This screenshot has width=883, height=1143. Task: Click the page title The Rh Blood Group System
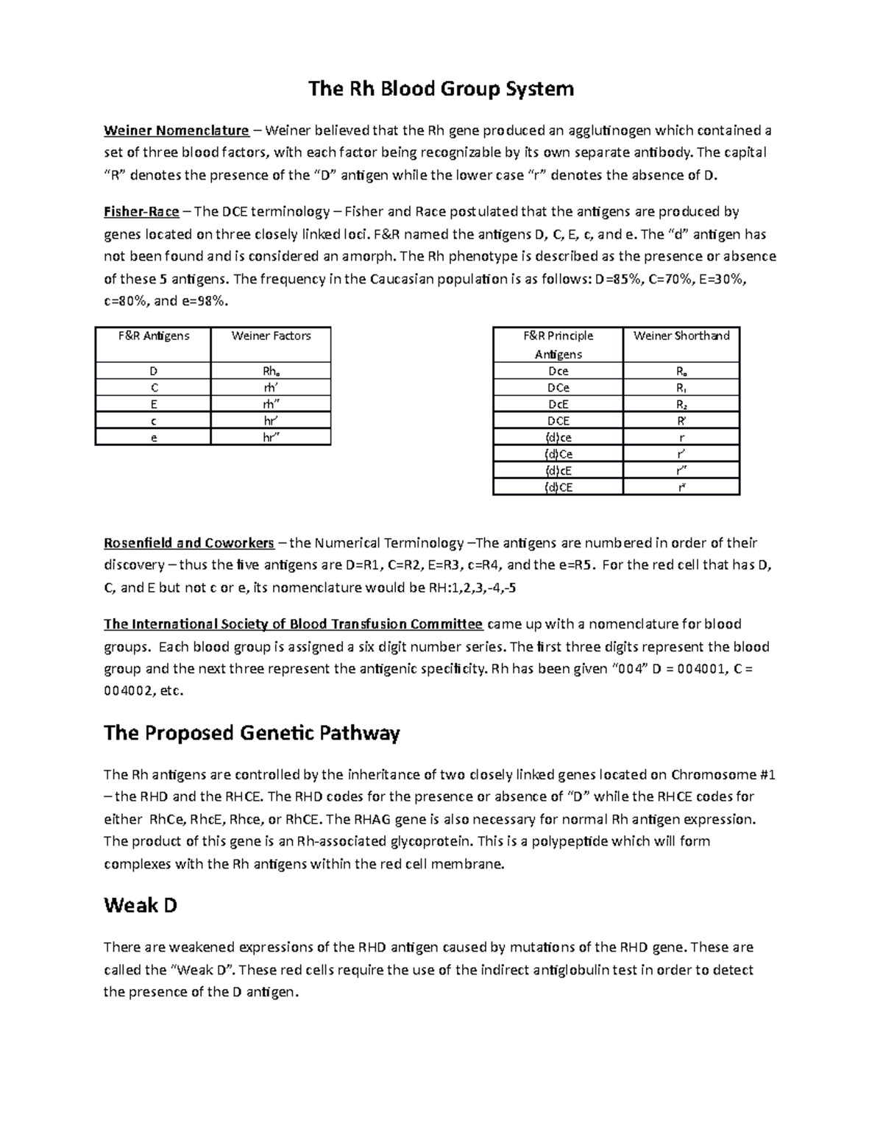[441, 90]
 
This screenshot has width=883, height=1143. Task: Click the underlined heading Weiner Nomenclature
[176, 131]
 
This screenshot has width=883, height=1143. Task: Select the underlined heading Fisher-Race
[141, 212]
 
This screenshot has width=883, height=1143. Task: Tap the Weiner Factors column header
[271, 336]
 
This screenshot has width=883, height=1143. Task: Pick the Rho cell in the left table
[271, 371]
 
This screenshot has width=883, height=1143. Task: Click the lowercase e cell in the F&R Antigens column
[153, 437]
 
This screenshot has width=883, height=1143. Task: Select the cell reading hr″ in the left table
[271, 437]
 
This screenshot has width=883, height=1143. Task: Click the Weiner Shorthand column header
[681, 336]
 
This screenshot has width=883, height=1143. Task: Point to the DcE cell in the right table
[558, 404]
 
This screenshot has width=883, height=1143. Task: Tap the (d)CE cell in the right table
[558, 487]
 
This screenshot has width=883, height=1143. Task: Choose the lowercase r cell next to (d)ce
[681, 437]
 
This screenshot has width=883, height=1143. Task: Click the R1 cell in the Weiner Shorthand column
[681, 388]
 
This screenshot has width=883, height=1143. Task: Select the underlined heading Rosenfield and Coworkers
[189, 543]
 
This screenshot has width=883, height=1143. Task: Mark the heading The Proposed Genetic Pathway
[252, 733]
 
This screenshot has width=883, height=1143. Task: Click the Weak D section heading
[141, 905]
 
